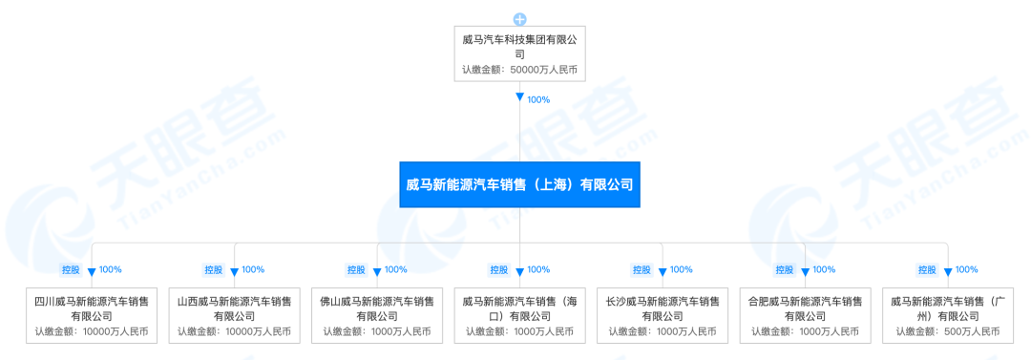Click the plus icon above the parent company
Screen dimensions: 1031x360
point(519,19)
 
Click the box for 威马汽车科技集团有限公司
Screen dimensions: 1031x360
point(519,53)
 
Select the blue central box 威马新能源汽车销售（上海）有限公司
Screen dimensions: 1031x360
point(519,185)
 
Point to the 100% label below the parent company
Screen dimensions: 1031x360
point(538,100)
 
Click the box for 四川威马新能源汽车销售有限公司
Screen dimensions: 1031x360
point(92,315)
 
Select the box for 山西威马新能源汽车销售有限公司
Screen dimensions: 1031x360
point(234,315)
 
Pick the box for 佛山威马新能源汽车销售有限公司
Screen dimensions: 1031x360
point(377,315)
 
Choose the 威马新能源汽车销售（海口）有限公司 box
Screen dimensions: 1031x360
point(519,315)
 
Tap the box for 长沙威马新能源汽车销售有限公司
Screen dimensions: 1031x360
point(663,315)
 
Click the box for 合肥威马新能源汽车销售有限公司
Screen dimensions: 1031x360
point(805,315)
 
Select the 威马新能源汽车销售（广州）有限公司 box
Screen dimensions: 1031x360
point(948,315)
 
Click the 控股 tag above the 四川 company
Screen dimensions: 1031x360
point(71,269)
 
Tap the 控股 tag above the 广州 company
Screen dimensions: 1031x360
point(926,269)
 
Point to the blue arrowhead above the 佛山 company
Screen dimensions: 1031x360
point(377,271)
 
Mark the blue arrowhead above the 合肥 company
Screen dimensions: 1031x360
point(805,271)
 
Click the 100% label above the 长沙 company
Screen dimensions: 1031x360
point(682,269)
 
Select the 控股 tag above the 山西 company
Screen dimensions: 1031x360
point(213,269)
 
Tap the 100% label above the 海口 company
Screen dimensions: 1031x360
point(538,269)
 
